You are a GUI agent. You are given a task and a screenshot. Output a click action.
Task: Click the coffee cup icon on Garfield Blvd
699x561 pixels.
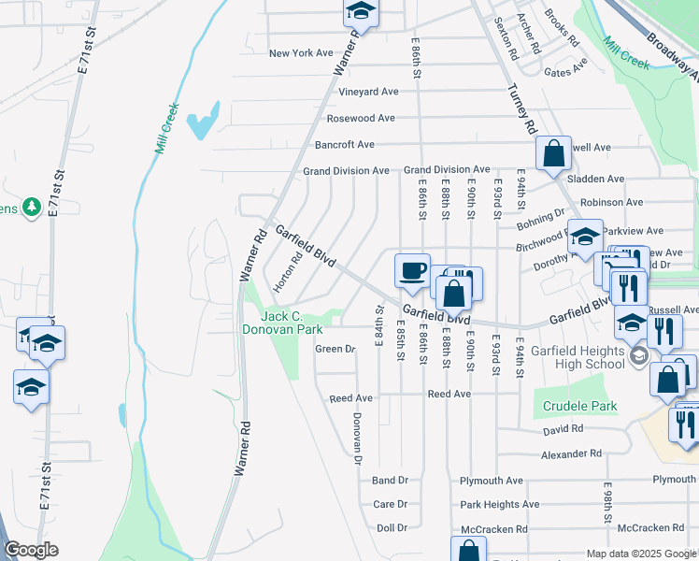pos(412,271)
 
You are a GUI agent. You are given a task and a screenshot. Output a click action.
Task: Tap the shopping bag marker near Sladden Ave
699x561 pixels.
pos(553,153)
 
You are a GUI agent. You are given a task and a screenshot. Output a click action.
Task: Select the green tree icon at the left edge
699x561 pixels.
pos(30,206)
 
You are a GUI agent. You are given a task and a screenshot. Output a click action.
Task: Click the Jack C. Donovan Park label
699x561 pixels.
pos(282,323)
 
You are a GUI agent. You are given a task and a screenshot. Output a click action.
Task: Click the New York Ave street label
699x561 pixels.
pos(301,53)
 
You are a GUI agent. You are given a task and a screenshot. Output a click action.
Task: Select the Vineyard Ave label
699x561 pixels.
pos(368,92)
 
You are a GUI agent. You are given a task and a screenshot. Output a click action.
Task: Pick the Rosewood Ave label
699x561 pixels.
pos(361,119)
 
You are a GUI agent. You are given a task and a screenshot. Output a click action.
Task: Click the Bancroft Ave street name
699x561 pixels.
pos(345,145)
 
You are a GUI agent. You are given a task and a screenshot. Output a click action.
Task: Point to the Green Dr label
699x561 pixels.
pos(335,349)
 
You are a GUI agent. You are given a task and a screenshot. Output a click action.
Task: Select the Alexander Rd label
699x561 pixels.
pos(571,453)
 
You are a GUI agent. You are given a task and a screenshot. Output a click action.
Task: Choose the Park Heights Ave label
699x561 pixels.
pos(499,504)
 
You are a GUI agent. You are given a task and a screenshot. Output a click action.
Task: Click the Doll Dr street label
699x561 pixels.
pos(392,528)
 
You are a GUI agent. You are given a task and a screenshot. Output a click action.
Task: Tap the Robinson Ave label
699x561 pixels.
pos(611,202)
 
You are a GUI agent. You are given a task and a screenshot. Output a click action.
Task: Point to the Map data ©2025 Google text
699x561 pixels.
pos(640,554)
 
